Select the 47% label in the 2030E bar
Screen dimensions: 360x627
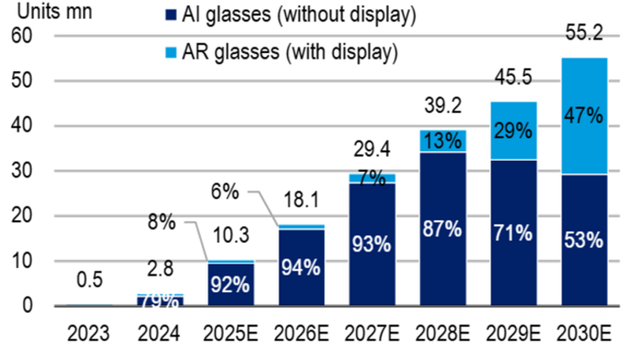[584, 116]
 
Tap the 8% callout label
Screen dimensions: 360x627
[162, 224]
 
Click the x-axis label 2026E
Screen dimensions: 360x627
[302, 336]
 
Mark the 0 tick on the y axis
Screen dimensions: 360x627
[29, 306]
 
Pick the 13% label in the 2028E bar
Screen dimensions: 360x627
[443, 141]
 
